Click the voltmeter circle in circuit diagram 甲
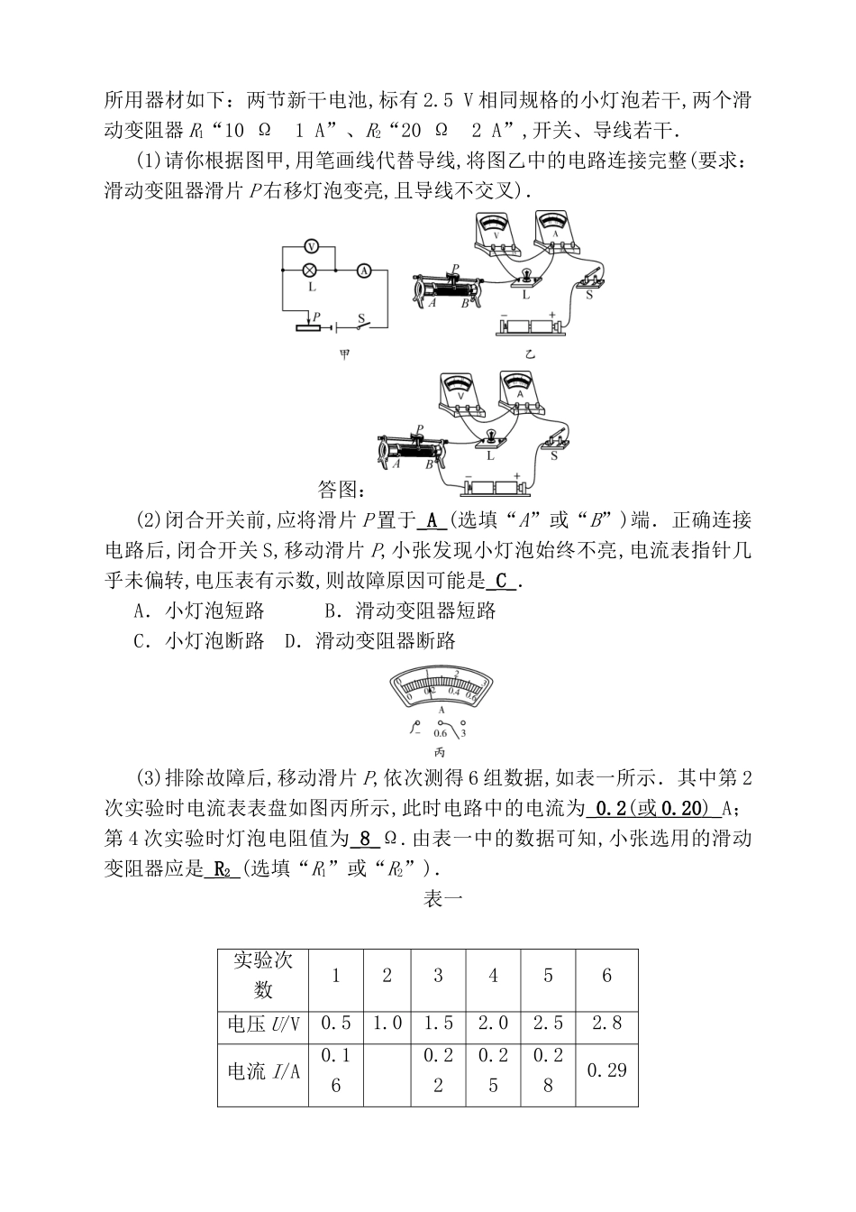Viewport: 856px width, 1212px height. point(310,245)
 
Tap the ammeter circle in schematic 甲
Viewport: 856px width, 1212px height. point(364,269)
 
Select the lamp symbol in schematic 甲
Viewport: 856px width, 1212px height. point(310,269)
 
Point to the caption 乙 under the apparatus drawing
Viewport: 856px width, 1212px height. point(530,354)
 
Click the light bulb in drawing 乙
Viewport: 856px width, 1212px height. point(525,275)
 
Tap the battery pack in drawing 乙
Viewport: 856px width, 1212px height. point(532,326)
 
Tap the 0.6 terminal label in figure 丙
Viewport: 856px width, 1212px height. point(440,732)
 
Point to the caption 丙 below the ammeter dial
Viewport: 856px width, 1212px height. point(440,751)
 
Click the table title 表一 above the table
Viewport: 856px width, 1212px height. point(442,899)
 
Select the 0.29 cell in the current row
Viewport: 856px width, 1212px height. point(606,1070)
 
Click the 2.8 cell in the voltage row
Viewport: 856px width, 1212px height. point(606,1024)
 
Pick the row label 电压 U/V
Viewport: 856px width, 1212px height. point(263,1024)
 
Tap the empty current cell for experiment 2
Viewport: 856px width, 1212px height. point(387,1070)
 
